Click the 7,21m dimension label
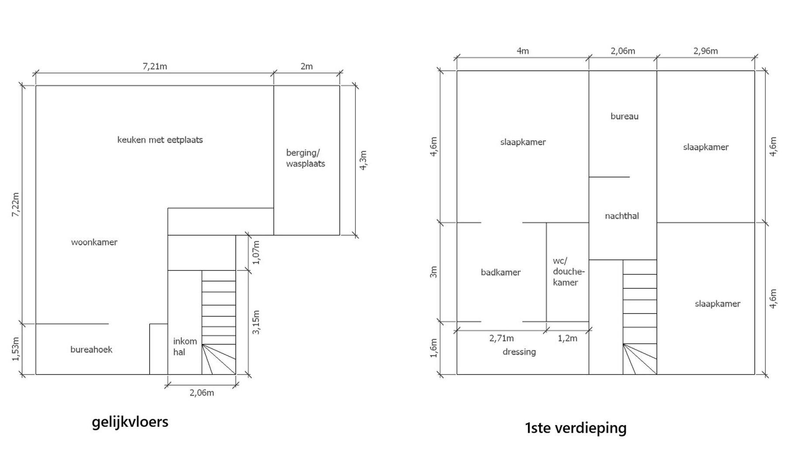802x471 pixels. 155,66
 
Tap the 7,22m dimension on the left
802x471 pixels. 16,205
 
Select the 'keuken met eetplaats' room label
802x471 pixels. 160,140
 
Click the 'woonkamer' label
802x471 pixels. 94,242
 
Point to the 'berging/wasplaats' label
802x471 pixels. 305,158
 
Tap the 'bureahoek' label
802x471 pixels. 91,349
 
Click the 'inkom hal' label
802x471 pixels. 185,347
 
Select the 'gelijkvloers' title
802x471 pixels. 130,422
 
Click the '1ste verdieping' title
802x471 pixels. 576,428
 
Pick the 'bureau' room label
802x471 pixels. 625,116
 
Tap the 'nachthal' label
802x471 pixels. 622,216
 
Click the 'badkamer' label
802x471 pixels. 501,273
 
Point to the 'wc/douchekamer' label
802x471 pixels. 568,272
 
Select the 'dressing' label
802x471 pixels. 519,352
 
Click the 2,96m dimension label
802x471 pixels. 706,51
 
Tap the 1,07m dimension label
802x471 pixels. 256,253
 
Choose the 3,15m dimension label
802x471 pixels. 256,322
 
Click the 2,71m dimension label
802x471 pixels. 502,338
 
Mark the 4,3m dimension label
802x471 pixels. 363,160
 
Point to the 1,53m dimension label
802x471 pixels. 16,349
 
